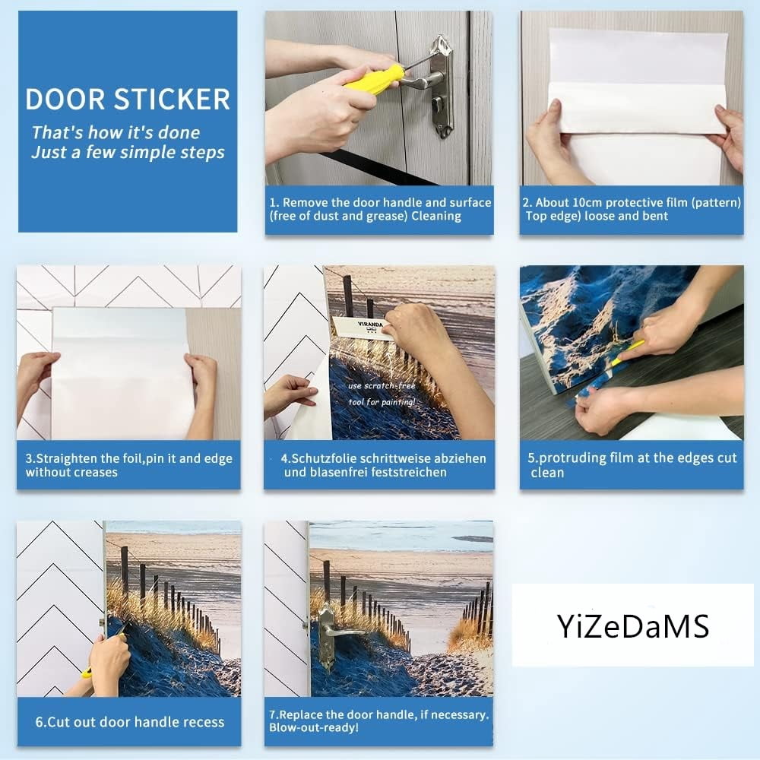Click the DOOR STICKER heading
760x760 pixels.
click(x=128, y=100)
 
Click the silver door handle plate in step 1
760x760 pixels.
click(x=441, y=87)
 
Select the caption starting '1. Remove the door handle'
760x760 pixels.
click(x=380, y=209)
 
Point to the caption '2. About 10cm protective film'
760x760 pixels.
click(x=632, y=209)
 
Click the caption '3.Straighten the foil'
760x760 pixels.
click(x=129, y=465)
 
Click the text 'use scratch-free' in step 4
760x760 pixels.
click(x=382, y=386)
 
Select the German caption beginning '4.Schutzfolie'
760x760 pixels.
click(x=383, y=465)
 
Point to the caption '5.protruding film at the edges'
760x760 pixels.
click(x=632, y=465)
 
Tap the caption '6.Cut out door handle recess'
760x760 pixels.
click(x=130, y=722)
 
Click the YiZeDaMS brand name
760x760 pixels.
click(x=633, y=625)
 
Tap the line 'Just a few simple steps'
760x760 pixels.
click(x=128, y=152)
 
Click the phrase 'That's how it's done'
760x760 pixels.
click(x=116, y=132)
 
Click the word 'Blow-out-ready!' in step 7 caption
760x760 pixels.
click(x=314, y=727)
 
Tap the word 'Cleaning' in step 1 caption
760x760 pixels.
click(x=436, y=216)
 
